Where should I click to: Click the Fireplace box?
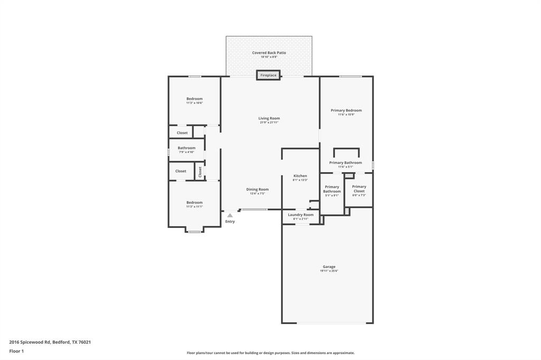268,75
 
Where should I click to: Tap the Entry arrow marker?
230,215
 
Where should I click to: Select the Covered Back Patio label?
269,53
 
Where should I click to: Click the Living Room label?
269,118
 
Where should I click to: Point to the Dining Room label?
257,189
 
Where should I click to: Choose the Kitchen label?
300,176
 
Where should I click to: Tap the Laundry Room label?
301,215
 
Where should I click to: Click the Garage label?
329,267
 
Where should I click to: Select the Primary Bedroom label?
346,110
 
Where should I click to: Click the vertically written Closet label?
200,172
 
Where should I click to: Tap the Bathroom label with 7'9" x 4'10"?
186,148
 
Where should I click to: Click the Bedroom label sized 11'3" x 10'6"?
194,99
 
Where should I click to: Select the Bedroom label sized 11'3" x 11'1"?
194,202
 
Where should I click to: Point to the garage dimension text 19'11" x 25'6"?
329,271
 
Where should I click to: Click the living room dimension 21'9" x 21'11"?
269,122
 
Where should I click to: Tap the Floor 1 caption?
16,351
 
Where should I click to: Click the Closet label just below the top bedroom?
182,132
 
